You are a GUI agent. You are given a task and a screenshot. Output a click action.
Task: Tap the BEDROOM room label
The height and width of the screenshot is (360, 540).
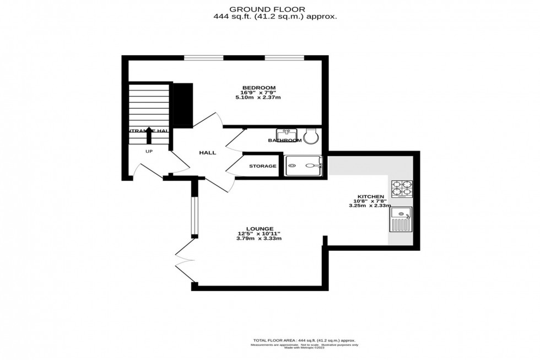259,88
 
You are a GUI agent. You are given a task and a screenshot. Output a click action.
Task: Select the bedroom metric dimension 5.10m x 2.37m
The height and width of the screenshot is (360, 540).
259,98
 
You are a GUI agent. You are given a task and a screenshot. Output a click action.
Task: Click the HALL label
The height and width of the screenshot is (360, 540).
208,153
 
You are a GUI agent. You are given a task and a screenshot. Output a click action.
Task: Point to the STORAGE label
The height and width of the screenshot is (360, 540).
262,166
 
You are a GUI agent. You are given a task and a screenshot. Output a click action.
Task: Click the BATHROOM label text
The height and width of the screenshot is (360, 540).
284,141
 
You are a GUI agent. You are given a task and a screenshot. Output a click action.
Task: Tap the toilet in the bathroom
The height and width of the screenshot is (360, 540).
311,135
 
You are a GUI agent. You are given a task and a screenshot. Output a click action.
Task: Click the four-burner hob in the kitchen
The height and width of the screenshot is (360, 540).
402,189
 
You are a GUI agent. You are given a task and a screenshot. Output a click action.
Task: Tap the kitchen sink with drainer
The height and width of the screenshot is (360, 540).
401,219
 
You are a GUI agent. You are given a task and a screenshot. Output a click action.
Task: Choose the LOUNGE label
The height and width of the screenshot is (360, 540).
260,228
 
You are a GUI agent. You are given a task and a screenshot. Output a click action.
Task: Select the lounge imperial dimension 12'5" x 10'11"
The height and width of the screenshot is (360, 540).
260,233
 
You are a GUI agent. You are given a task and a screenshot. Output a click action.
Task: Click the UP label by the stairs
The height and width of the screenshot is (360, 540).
149,151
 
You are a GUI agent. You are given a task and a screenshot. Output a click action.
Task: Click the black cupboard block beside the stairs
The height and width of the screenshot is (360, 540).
182,104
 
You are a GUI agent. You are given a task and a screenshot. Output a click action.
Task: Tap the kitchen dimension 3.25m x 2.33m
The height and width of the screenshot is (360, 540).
370,206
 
